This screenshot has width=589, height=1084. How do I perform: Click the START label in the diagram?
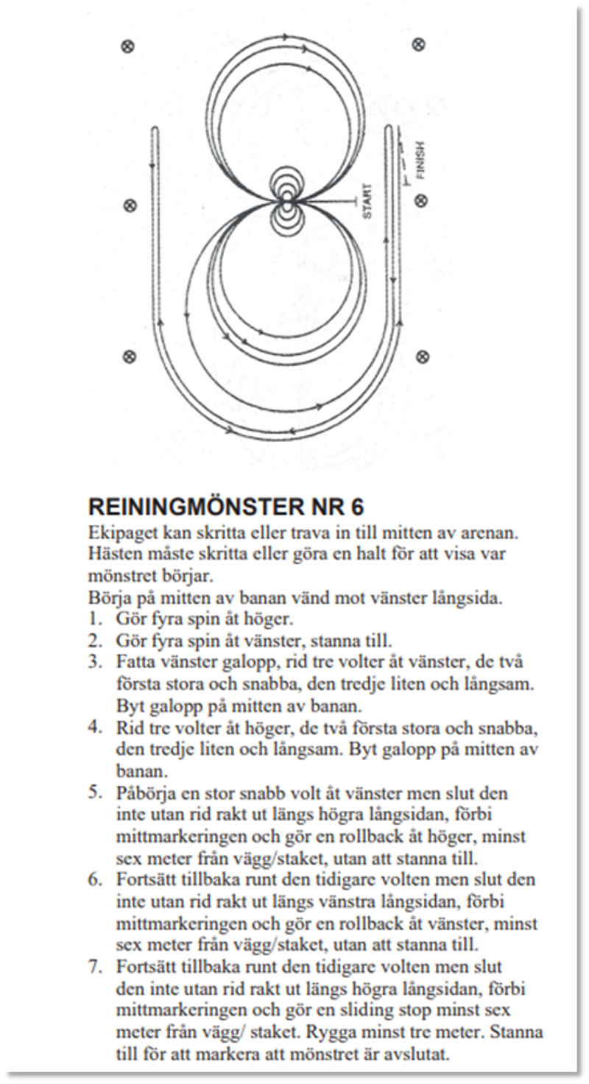tap(367, 201)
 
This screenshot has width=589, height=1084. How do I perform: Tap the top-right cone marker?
tap(419, 45)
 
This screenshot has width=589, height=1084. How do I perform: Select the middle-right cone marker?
tap(422, 199)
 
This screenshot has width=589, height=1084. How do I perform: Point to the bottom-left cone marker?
tap(130, 357)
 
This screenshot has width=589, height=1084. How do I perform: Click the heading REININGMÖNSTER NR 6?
tap(226, 508)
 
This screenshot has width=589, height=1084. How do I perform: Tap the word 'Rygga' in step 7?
tap(420, 1031)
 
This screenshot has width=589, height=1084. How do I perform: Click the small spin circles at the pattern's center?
tap(286, 200)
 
